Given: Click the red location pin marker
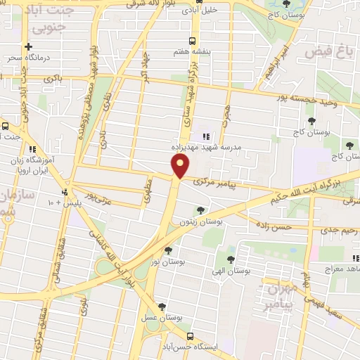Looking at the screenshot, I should coord(181,166).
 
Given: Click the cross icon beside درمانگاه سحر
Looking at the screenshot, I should coord(28,46).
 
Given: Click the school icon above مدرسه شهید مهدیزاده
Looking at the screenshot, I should coord(205,136).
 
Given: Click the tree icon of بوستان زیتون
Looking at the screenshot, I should coord(201,210).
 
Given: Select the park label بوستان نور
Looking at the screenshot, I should coord(167,262).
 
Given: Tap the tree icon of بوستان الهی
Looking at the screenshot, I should coord(231,259).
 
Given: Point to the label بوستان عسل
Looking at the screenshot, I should coord(163,318).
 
